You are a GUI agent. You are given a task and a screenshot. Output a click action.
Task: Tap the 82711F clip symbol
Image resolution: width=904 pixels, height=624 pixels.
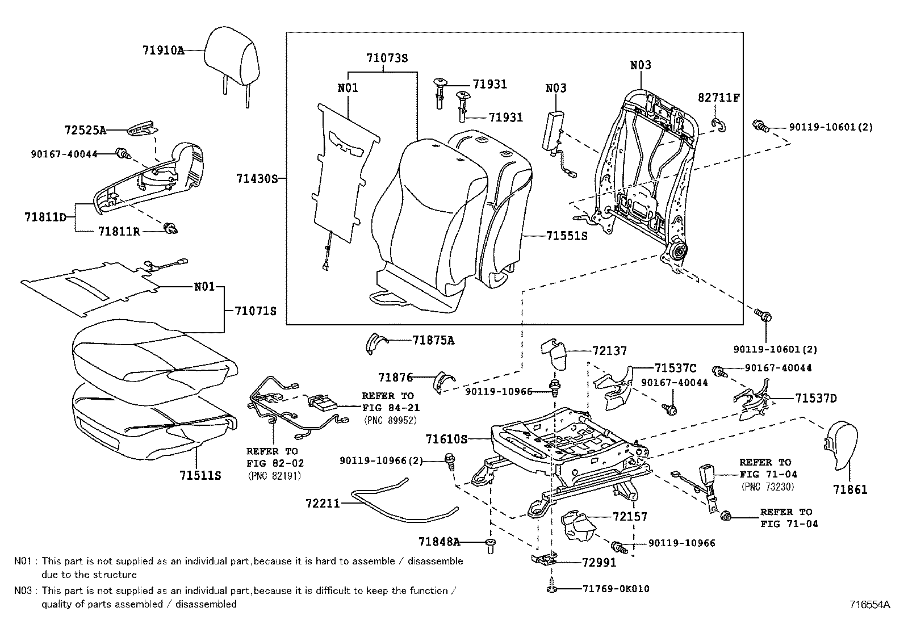pyautogui.click(x=718, y=125)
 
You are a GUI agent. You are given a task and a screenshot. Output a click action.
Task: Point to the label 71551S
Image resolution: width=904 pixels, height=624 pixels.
pyautogui.click(x=566, y=236)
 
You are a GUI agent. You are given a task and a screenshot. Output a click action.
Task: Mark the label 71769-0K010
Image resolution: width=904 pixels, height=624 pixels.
pyautogui.click(x=616, y=589)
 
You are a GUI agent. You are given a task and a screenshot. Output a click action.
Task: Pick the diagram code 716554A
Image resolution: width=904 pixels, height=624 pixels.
pyautogui.click(x=870, y=605)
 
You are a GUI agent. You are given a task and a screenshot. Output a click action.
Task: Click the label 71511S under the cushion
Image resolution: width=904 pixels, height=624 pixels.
pyautogui.click(x=200, y=475)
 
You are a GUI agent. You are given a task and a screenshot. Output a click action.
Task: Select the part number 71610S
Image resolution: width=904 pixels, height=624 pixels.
pyautogui.click(x=446, y=439)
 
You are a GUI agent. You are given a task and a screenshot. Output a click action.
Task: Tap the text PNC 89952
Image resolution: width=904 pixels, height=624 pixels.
pyautogui.click(x=390, y=420)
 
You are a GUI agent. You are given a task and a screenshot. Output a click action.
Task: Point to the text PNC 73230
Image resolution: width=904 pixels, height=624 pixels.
pyautogui.click(x=768, y=487)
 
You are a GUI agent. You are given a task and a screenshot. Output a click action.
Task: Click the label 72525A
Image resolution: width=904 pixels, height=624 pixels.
pyautogui.click(x=85, y=131)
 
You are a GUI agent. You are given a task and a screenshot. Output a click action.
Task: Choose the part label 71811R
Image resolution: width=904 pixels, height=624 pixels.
pyautogui.click(x=119, y=231)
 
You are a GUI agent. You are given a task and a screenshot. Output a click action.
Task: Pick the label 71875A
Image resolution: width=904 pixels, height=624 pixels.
pyautogui.click(x=433, y=340)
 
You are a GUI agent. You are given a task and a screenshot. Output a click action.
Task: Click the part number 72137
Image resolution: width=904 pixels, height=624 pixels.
pyautogui.click(x=609, y=351)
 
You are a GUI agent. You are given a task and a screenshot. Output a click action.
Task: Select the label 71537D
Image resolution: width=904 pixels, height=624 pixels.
pyautogui.click(x=815, y=399)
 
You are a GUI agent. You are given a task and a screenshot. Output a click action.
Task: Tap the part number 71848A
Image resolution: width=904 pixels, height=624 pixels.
pyautogui.click(x=438, y=542)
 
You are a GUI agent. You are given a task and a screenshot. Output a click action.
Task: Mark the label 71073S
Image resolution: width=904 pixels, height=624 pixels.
pyautogui.click(x=387, y=58)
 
